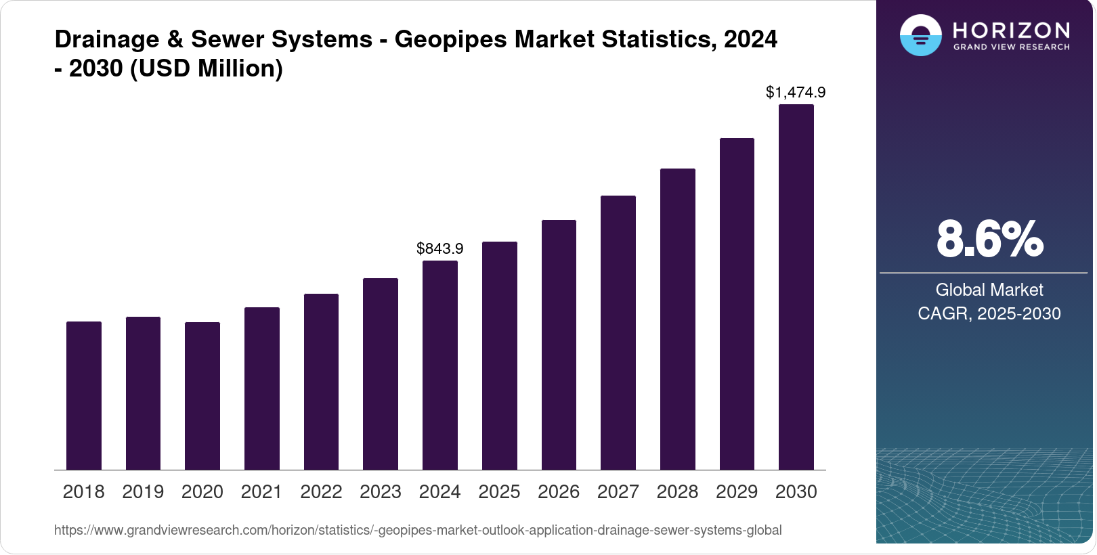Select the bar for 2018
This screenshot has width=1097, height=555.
[84, 396]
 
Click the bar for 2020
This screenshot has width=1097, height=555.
[202, 396]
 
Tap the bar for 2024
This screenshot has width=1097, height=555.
[440, 365]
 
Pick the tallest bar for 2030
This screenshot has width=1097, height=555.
[796, 288]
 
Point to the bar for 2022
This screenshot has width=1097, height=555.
[321, 382]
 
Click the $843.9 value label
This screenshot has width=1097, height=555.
[440, 248]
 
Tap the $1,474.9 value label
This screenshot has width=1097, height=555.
[796, 92]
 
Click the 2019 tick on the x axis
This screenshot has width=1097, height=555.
[143, 492]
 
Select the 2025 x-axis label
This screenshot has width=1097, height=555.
[499, 492]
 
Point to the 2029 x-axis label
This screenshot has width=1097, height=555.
[737, 492]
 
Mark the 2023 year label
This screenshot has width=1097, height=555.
[381, 492]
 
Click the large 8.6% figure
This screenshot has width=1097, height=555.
[989, 239]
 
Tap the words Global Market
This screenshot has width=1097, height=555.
[989, 290]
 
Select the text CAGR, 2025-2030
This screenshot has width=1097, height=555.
[989, 313]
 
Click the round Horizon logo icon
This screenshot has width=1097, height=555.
[920, 35]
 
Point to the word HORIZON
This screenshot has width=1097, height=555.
[1011, 30]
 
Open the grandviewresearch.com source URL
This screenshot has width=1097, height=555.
[418, 530]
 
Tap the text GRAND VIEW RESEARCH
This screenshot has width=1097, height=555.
[1011, 47]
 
